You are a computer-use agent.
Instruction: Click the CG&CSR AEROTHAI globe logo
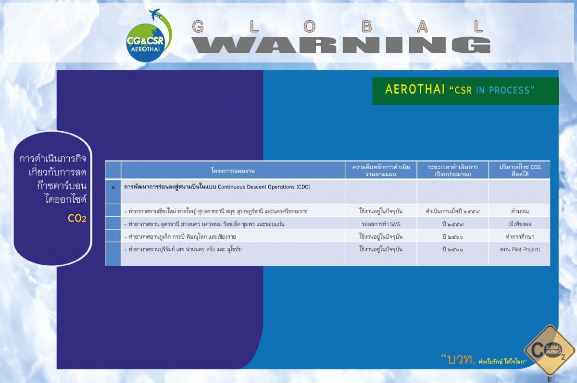coord(146,43)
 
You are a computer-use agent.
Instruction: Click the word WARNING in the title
coord(341,45)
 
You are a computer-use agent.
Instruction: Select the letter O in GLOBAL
coord(310,26)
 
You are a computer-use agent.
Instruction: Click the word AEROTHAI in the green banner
coord(415,89)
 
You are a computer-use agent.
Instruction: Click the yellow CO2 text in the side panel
coord(77,219)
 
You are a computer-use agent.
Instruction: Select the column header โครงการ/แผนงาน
coord(233,171)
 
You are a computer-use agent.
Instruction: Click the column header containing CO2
coord(520,171)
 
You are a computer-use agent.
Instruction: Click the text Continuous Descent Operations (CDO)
coord(264,187)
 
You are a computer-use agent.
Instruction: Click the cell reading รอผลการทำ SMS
coord(381,224)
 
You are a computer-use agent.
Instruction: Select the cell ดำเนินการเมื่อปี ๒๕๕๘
coord(452,211)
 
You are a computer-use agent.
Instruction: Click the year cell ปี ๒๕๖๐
coord(452,236)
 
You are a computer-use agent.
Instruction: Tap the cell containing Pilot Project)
coord(520,249)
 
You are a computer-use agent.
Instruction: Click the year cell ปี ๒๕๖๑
coord(452,249)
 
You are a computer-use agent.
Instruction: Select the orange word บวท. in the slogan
coord(461,359)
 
